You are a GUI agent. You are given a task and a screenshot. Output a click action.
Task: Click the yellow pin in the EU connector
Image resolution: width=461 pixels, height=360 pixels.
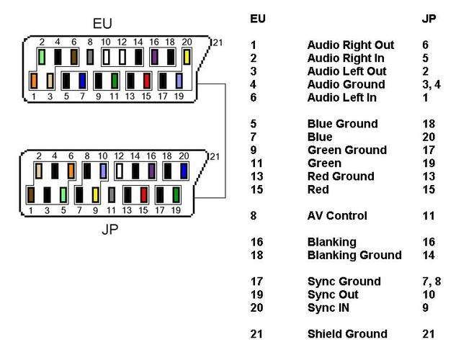point(187,57)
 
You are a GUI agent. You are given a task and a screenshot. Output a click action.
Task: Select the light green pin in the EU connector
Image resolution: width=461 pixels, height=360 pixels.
point(42,57)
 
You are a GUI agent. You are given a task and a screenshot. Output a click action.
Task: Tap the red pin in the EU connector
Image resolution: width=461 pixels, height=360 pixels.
point(147,81)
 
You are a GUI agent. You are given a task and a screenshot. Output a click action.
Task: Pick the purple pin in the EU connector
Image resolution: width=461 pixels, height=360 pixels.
point(154,57)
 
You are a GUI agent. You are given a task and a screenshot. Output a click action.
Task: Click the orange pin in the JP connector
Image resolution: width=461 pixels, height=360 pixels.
point(71,171)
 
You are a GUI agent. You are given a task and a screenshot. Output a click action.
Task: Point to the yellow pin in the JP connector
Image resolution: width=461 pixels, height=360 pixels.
point(95,195)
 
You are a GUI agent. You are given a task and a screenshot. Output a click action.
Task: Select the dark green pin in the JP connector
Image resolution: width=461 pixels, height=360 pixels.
point(176,195)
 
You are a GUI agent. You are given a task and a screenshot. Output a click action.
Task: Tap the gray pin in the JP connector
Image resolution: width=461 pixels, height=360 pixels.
point(112,195)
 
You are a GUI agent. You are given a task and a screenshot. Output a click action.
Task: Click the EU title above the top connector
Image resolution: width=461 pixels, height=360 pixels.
point(102,24)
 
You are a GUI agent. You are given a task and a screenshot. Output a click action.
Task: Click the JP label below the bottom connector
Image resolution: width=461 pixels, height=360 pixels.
point(110,230)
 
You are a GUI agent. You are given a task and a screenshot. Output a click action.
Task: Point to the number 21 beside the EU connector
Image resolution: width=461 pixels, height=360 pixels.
point(218,43)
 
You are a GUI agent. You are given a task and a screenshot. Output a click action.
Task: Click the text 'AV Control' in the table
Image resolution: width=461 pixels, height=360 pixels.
point(337,216)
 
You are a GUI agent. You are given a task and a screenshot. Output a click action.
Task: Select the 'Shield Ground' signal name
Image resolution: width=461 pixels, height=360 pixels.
point(347,334)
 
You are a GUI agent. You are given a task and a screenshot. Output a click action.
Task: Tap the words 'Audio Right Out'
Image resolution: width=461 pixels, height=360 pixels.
point(351,45)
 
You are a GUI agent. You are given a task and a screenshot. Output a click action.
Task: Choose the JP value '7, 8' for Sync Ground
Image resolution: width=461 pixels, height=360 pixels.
point(431,282)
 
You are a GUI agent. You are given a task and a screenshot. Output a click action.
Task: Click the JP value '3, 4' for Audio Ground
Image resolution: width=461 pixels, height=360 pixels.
point(431,85)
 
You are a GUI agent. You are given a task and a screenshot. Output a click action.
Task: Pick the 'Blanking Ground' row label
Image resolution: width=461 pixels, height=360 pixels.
point(354,255)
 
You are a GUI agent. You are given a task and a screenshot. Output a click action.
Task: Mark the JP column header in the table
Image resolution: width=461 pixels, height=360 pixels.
point(429,19)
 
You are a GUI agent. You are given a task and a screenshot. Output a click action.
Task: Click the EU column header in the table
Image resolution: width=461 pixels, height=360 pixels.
point(258,19)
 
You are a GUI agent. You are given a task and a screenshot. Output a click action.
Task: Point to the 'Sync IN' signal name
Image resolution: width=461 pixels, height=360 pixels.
point(328,307)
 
